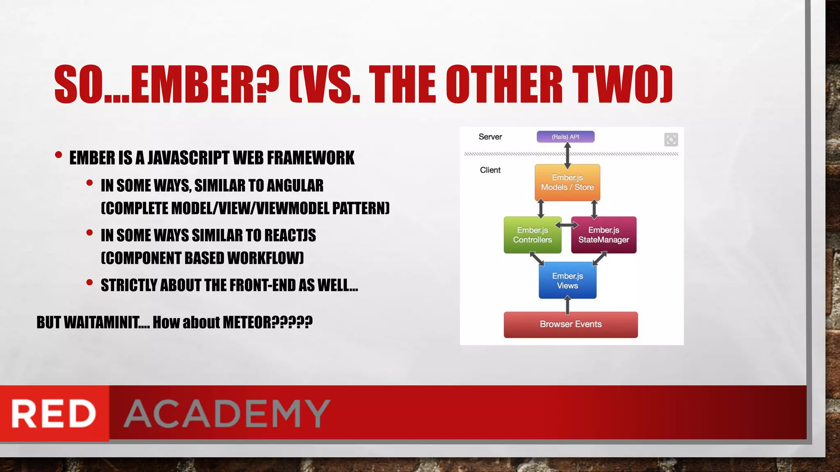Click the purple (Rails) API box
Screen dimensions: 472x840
(x=565, y=136)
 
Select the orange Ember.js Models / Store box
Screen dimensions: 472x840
(x=567, y=182)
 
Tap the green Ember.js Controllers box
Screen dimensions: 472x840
(x=532, y=235)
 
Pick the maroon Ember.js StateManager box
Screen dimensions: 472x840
(x=603, y=235)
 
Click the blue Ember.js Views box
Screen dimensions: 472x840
(x=567, y=281)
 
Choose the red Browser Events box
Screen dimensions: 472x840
(x=571, y=324)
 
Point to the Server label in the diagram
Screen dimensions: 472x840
(x=490, y=137)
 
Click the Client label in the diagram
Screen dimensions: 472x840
(x=490, y=170)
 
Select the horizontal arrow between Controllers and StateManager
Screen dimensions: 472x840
(x=566, y=225)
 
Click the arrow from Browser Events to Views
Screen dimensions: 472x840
(x=567, y=305)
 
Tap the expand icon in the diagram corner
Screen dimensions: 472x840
(x=671, y=140)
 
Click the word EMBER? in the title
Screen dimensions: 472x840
(x=205, y=85)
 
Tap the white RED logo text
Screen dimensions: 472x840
(x=54, y=413)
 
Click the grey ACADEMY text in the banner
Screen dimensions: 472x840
(x=227, y=413)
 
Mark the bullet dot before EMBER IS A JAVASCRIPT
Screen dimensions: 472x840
(x=58, y=155)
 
